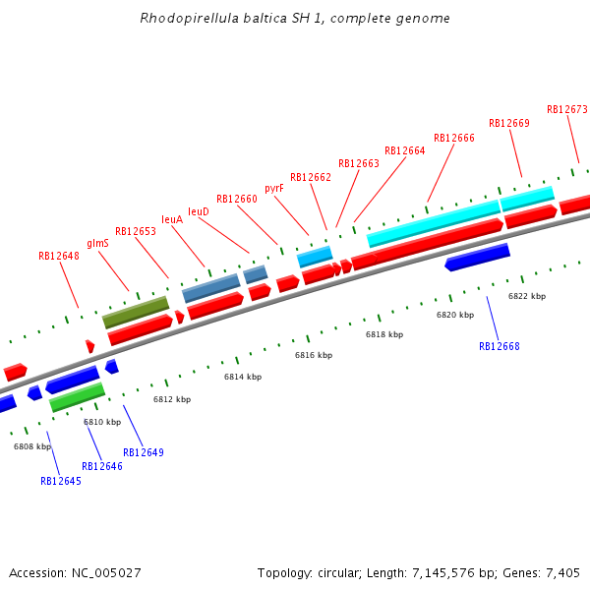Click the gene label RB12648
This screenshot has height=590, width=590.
pyautogui.click(x=59, y=256)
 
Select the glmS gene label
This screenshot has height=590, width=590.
pyautogui.click(x=97, y=243)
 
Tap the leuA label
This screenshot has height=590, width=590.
pyautogui.click(x=172, y=219)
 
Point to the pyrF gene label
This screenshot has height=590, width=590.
pyautogui.click(x=274, y=188)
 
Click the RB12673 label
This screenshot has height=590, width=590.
pyautogui.click(x=567, y=109)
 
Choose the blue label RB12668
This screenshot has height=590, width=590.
pyautogui.click(x=500, y=346)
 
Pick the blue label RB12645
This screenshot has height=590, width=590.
pyautogui.click(x=61, y=481)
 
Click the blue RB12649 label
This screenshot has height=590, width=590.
pyautogui.click(x=144, y=452)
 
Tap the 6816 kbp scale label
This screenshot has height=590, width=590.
pyautogui.click(x=314, y=355)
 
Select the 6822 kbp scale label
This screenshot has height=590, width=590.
pyautogui.click(x=527, y=296)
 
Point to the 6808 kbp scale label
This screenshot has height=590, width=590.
pyautogui.click(x=32, y=446)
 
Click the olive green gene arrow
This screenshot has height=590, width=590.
pyautogui.click(x=136, y=312)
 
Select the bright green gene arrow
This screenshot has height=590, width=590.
pyautogui.click(x=77, y=396)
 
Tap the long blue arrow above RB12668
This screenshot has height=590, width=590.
pyautogui.click(x=477, y=257)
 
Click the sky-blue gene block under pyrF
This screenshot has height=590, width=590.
pyautogui.click(x=315, y=257)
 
